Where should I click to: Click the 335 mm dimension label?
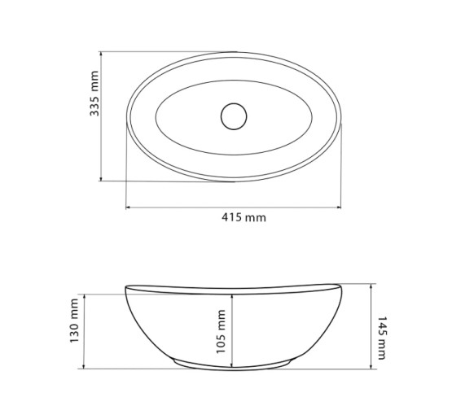click(x=94, y=94)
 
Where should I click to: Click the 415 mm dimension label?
click(x=244, y=217)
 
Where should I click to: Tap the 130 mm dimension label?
click(x=74, y=321)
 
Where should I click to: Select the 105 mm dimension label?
click(x=221, y=332)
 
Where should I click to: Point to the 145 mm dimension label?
click(x=382, y=338)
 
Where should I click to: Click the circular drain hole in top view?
click(x=234, y=116)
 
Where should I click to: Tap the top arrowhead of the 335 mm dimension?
click(x=101, y=55)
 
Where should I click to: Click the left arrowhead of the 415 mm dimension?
click(x=129, y=207)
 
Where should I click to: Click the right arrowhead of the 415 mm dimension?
click(x=338, y=207)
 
